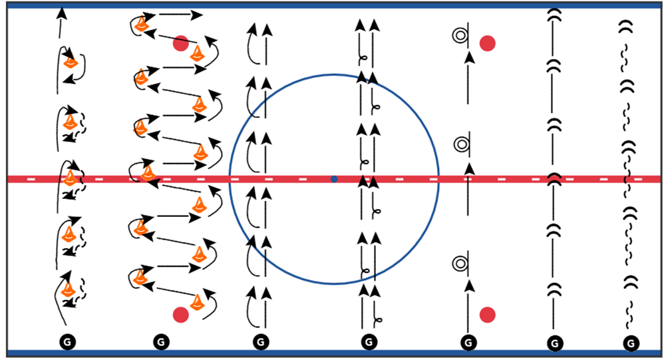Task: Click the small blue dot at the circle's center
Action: (x=334, y=179)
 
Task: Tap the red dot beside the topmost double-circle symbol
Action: (x=488, y=43)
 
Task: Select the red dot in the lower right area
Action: (x=488, y=313)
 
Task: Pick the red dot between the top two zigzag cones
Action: (x=180, y=43)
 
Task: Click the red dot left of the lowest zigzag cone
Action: (x=180, y=314)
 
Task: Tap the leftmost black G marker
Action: (x=67, y=341)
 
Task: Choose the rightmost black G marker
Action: (x=631, y=343)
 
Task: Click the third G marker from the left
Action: (x=261, y=341)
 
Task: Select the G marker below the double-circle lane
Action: (x=469, y=342)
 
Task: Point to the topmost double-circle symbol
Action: (x=458, y=35)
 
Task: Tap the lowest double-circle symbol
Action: (x=458, y=264)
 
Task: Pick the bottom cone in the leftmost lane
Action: (x=68, y=290)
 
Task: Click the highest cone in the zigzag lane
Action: (x=141, y=25)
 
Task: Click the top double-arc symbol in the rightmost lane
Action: (x=625, y=27)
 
